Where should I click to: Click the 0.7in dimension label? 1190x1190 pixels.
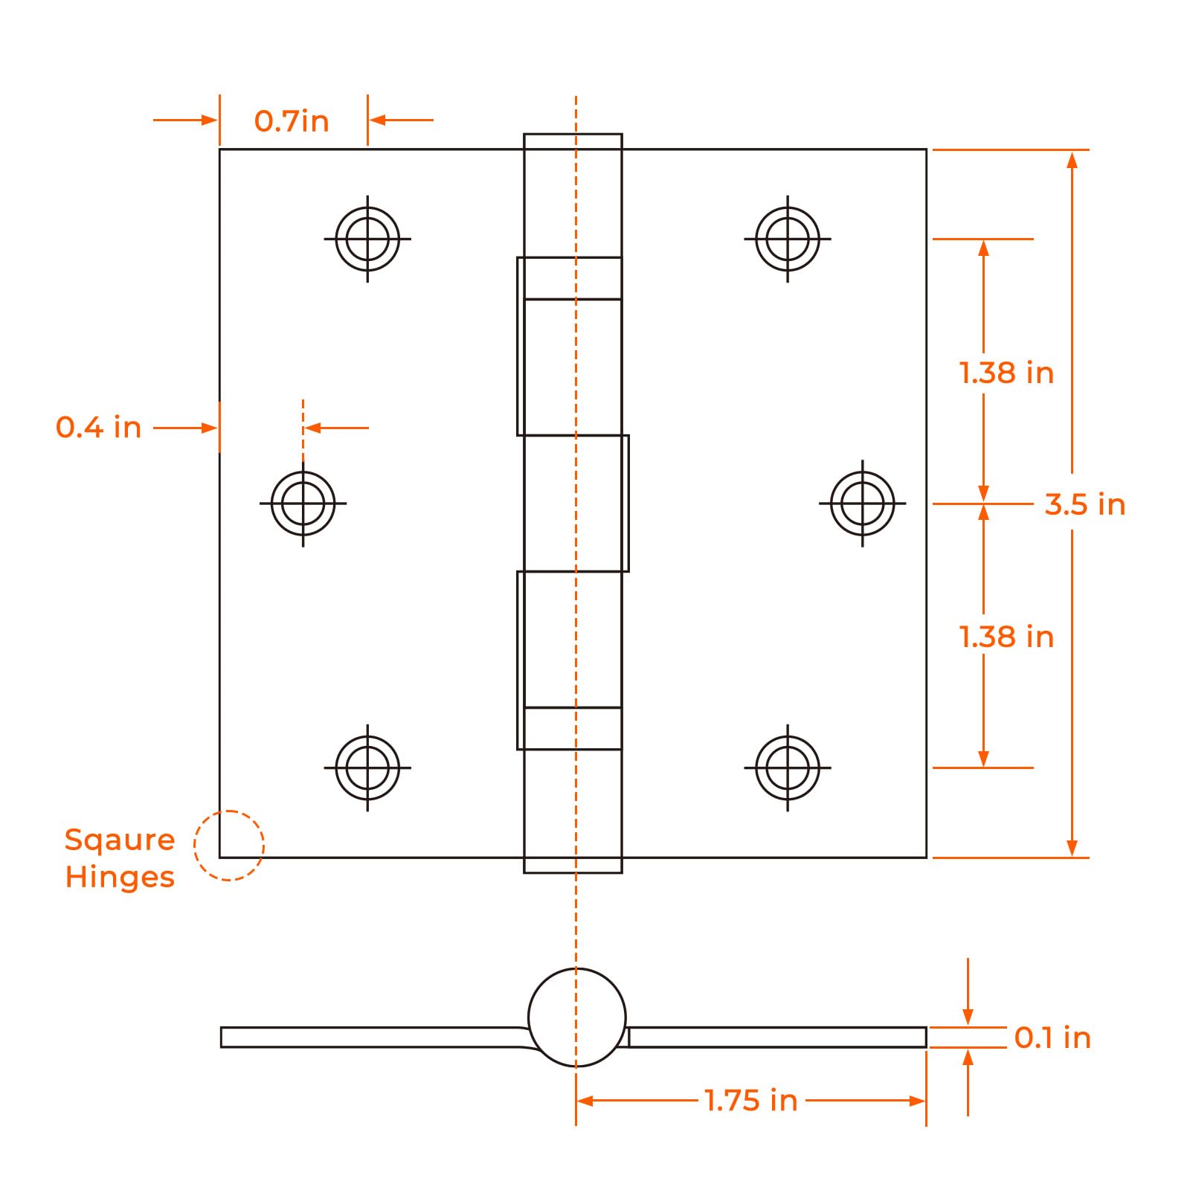[292, 121]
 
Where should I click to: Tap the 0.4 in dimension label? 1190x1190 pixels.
[98, 428]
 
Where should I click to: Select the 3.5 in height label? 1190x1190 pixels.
[1085, 504]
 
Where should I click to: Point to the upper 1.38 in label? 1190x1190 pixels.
[1006, 373]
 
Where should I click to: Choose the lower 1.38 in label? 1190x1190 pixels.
[1006, 637]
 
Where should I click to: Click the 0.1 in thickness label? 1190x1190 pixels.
[1052, 1038]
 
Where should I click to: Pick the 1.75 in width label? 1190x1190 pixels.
[751, 1100]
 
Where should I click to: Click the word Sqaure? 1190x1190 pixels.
[120, 840]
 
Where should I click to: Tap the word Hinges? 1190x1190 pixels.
[120, 878]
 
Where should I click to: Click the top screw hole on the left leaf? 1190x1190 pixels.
[367, 239]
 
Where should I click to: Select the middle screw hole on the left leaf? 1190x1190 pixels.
[303, 504]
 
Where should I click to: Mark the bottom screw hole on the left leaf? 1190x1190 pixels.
[367, 768]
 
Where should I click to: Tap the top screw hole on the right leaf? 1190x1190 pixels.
[788, 239]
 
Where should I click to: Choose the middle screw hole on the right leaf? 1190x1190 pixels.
[863, 504]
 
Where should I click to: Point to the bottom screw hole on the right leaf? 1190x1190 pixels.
[788, 768]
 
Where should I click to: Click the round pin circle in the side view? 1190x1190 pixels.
[577, 1017]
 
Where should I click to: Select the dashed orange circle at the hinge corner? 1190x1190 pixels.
[229, 846]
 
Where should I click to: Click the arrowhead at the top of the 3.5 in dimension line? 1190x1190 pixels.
[1072, 159]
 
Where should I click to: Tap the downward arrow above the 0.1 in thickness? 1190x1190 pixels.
[968, 992]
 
